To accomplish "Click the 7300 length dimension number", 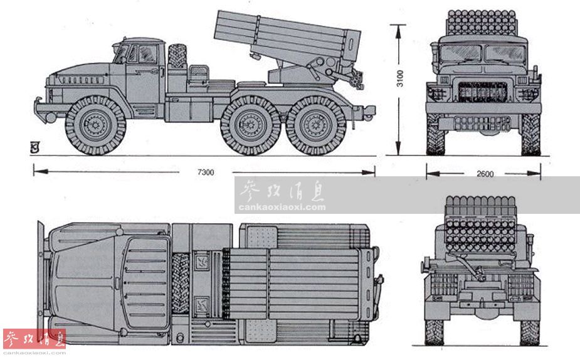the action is (x=206, y=172).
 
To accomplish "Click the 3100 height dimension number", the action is (x=400, y=78).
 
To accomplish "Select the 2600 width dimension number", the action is (x=485, y=174).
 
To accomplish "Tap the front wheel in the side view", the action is (x=95, y=125).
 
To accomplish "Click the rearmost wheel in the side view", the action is (x=316, y=125).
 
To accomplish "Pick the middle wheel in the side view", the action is (x=250, y=125).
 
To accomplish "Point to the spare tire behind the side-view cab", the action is (x=177, y=56).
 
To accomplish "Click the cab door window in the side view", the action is (x=147, y=54).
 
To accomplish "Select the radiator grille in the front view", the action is (x=482, y=92).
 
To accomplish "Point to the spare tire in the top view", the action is (x=181, y=283).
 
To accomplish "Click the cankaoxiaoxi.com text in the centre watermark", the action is (x=282, y=207).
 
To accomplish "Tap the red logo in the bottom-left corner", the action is (x=34, y=339).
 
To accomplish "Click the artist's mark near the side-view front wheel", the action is (x=34, y=148).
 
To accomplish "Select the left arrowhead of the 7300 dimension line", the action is (x=40, y=171).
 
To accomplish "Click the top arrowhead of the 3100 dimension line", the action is (x=398, y=32).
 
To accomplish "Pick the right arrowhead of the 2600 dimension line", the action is (x=534, y=173).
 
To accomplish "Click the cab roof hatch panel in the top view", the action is (x=145, y=283).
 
